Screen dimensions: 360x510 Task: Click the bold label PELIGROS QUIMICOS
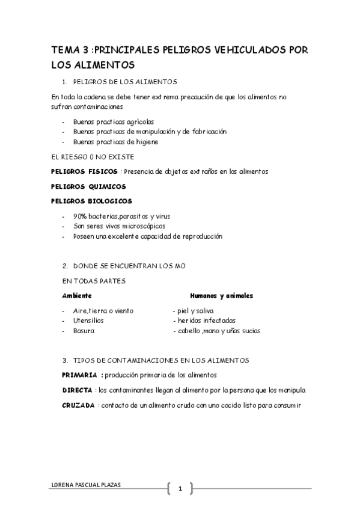pos(88,186)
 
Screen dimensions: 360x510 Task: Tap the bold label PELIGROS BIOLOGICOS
pos(91,201)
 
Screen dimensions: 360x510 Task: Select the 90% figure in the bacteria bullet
pos(80,216)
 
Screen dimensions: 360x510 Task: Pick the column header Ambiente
pos(77,296)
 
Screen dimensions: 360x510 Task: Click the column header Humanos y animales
pos(221,296)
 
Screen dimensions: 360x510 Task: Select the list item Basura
pos(84,331)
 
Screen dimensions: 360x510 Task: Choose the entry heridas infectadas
pos(206,321)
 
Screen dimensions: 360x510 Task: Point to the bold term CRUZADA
pos(78,405)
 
